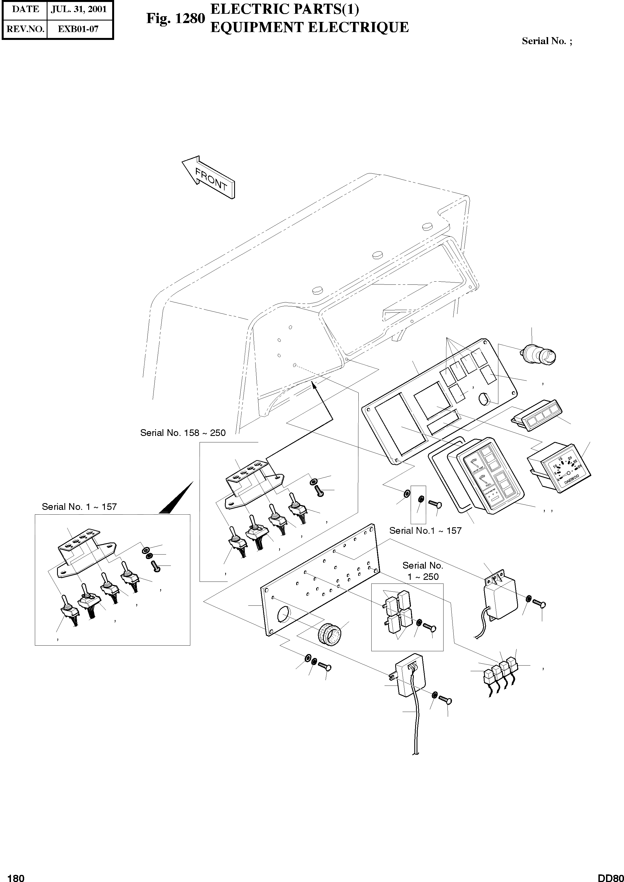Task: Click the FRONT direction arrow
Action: (x=208, y=177)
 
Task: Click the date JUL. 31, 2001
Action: (x=79, y=9)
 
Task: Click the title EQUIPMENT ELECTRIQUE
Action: (x=309, y=27)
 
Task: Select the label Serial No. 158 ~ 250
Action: (x=183, y=433)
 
